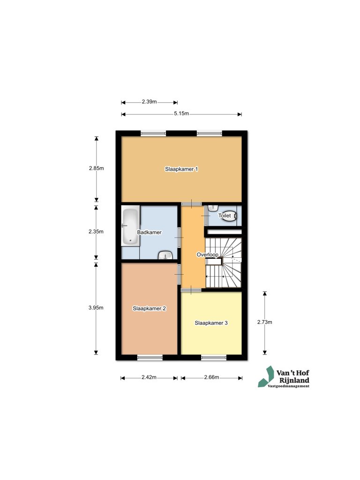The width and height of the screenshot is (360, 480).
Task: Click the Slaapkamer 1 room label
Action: pyautogui.click(x=181, y=169)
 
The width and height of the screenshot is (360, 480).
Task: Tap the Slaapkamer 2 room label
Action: pyautogui.click(x=149, y=308)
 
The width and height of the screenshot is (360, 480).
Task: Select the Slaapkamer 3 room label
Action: pyautogui.click(x=211, y=322)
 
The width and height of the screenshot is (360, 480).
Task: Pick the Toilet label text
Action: pyautogui.click(x=225, y=216)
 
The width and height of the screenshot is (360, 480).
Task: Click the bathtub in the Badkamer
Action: pyautogui.click(x=130, y=227)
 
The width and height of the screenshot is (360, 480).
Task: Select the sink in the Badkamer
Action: pyautogui.click(x=165, y=255)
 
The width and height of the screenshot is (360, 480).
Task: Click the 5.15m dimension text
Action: pyautogui.click(x=181, y=114)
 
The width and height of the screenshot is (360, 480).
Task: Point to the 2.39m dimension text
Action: pyautogui.click(x=149, y=101)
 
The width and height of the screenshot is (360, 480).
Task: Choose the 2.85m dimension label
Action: pyautogui.click(x=96, y=168)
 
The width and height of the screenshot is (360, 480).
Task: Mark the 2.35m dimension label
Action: pyautogui.click(x=96, y=232)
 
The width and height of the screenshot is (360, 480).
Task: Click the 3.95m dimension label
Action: pyautogui.click(x=96, y=308)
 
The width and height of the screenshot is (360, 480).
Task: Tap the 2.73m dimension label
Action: pyautogui.click(x=265, y=322)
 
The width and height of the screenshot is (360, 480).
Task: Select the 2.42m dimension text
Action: pyautogui.click(x=149, y=377)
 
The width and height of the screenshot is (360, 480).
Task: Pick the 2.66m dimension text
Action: pyautogui.click(x=211, y=377)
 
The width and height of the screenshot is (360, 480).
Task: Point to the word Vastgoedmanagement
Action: pyautogui.click(x=288, y=386)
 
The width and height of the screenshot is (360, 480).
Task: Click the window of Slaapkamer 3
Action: pyautogui.click(x=214, y=358)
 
